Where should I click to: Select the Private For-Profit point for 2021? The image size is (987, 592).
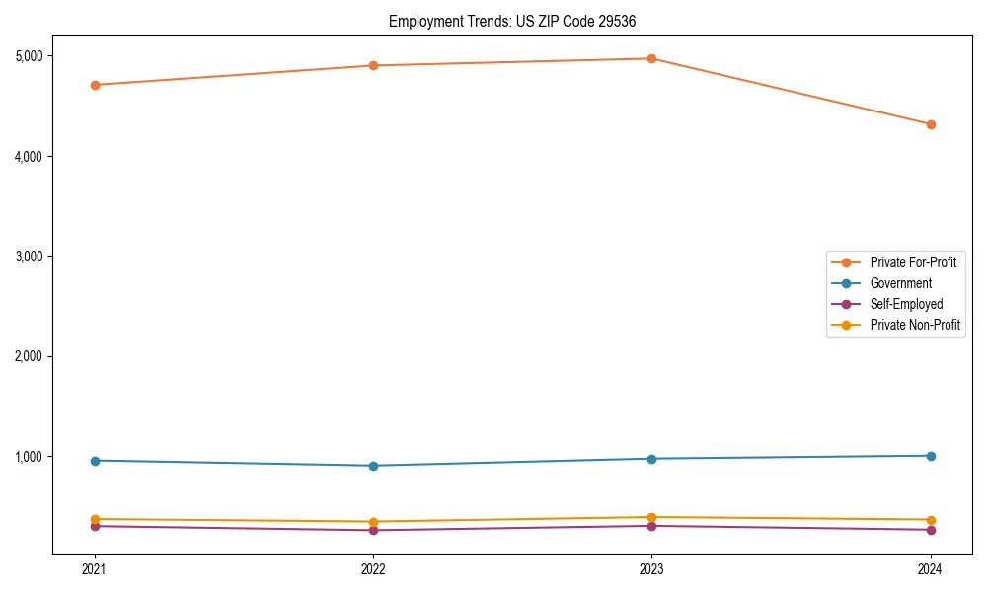[x=95, y=85]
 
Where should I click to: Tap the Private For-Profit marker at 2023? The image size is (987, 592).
[x=651, y=58]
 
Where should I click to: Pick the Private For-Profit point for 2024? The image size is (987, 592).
[x=930, y=124]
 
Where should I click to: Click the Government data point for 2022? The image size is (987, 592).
[x=373, y=466]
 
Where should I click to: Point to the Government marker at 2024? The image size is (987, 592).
[x=930, y=456]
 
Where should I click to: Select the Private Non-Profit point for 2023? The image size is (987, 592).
[x=651, y=517]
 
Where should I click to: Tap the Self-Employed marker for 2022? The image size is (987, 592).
[x=373, y=530]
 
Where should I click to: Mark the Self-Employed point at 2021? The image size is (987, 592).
[x=95, y=526]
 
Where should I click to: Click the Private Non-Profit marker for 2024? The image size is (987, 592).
[x=930, y=520]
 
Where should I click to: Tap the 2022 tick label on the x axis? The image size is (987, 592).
[x=373, y=568]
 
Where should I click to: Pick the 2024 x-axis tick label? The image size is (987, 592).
[x=930, y=568]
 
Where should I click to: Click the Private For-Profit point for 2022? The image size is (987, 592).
[x=373, y=65]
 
